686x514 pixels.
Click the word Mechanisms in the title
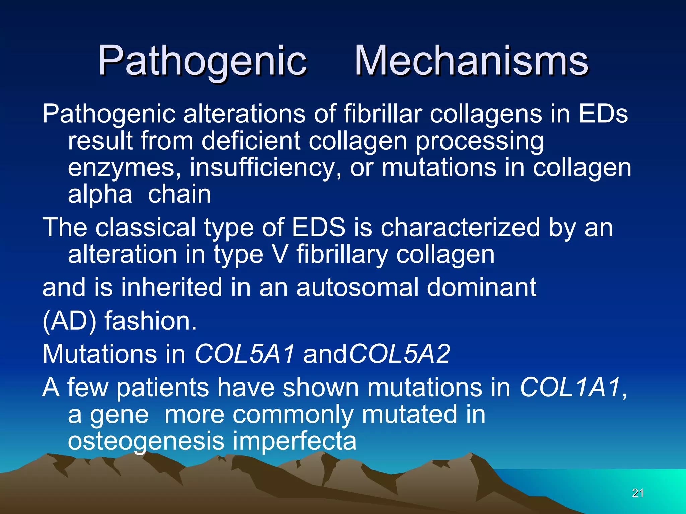tap(471, 61)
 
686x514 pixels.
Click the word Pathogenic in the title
tap(202, 61)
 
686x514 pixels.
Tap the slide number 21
tap(638, 493)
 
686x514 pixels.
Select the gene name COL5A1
tap(245, 354)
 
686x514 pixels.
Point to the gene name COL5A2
tap(399, 354)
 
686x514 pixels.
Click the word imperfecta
tap(295, 441)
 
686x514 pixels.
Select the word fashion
tap(150, 321)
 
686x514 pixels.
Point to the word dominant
tap(481, 287)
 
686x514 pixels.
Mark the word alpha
tap(100, 195)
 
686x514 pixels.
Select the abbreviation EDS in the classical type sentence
tap(319, 227)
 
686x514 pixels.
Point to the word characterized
tap(460, 227)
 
